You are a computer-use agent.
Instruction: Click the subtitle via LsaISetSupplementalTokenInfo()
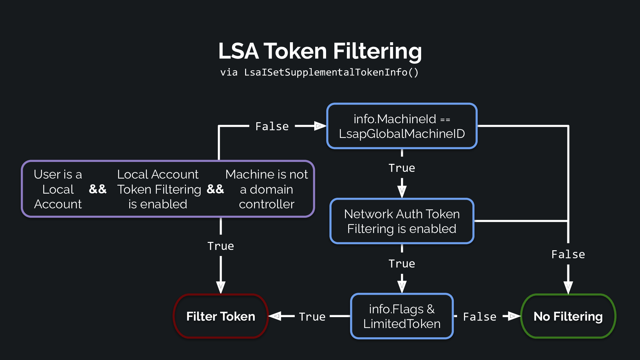click(x=319, y=72)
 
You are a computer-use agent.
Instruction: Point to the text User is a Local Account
click(x=58, y=189)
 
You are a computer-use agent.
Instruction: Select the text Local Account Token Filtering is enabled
click(x=159, y=189)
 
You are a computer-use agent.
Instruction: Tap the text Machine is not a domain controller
click(x=267, y=189)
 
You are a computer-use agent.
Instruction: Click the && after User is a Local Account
click(x=98, y=189)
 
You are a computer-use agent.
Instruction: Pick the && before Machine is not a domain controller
click(x=215, y=189)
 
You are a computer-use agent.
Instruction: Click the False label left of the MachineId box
click(x=272, y=126)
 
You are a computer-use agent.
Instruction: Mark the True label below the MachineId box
click(x=402, y=168)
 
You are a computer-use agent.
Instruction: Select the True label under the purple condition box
click(x=221, y=246)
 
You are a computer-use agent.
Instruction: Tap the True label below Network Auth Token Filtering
click(x=402, y=264)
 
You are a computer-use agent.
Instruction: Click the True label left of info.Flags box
click(x=312, y=317)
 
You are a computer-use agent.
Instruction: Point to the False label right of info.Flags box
click(x=480, y=317)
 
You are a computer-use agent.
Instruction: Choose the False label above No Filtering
click(x=568, y=254)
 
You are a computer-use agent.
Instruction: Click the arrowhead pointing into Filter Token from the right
click(x=275, y=316)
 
